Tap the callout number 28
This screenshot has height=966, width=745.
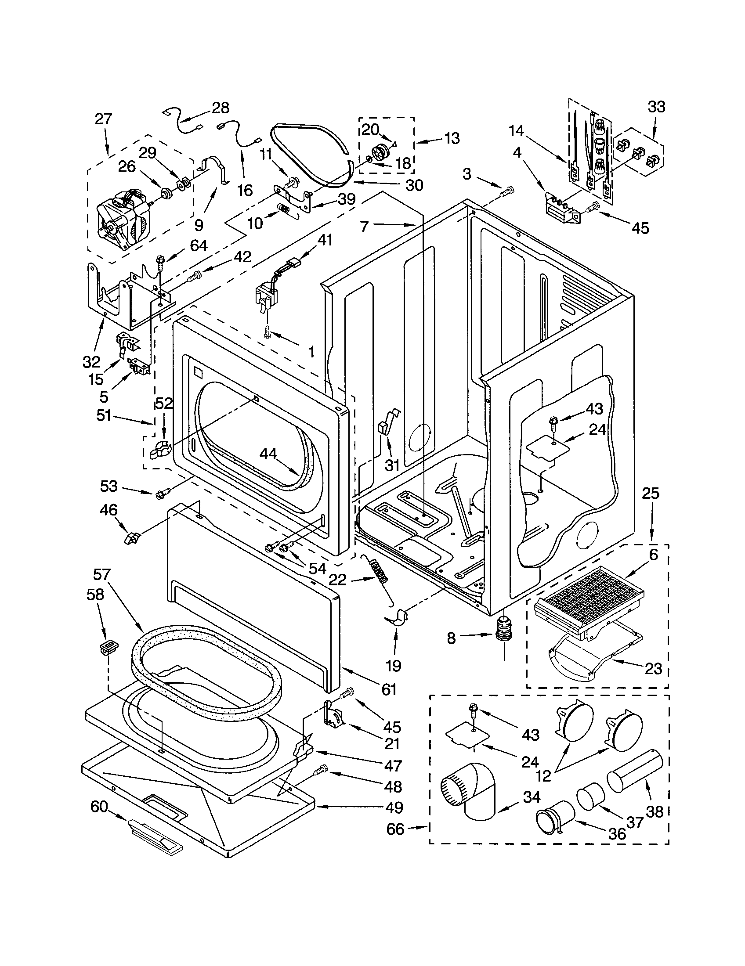tap(221, 108)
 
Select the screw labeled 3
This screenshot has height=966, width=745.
tap(507, 192)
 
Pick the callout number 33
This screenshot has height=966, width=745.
tap(657, 107)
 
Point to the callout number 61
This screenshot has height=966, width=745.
tap(389, 688)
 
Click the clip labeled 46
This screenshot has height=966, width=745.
tap(132, 538)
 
